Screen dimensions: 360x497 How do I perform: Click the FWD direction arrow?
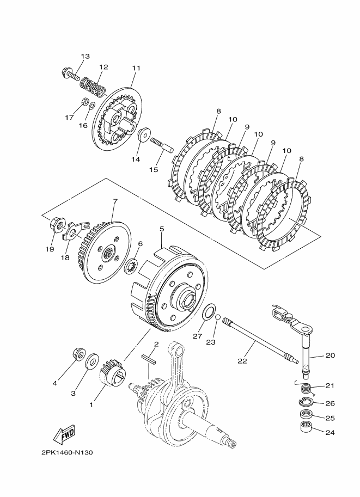tap(64, 433)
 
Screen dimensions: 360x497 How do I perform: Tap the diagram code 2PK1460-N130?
tap(67, 452)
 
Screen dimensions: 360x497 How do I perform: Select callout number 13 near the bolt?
tap(86, 57)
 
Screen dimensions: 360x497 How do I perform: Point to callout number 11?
tap(136, 68)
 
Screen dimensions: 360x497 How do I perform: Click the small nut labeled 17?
tap(84, 102)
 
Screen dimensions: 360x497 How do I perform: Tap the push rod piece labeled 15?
tap(161, 144)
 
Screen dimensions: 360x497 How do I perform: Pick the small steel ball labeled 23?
tap(217, 318)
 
